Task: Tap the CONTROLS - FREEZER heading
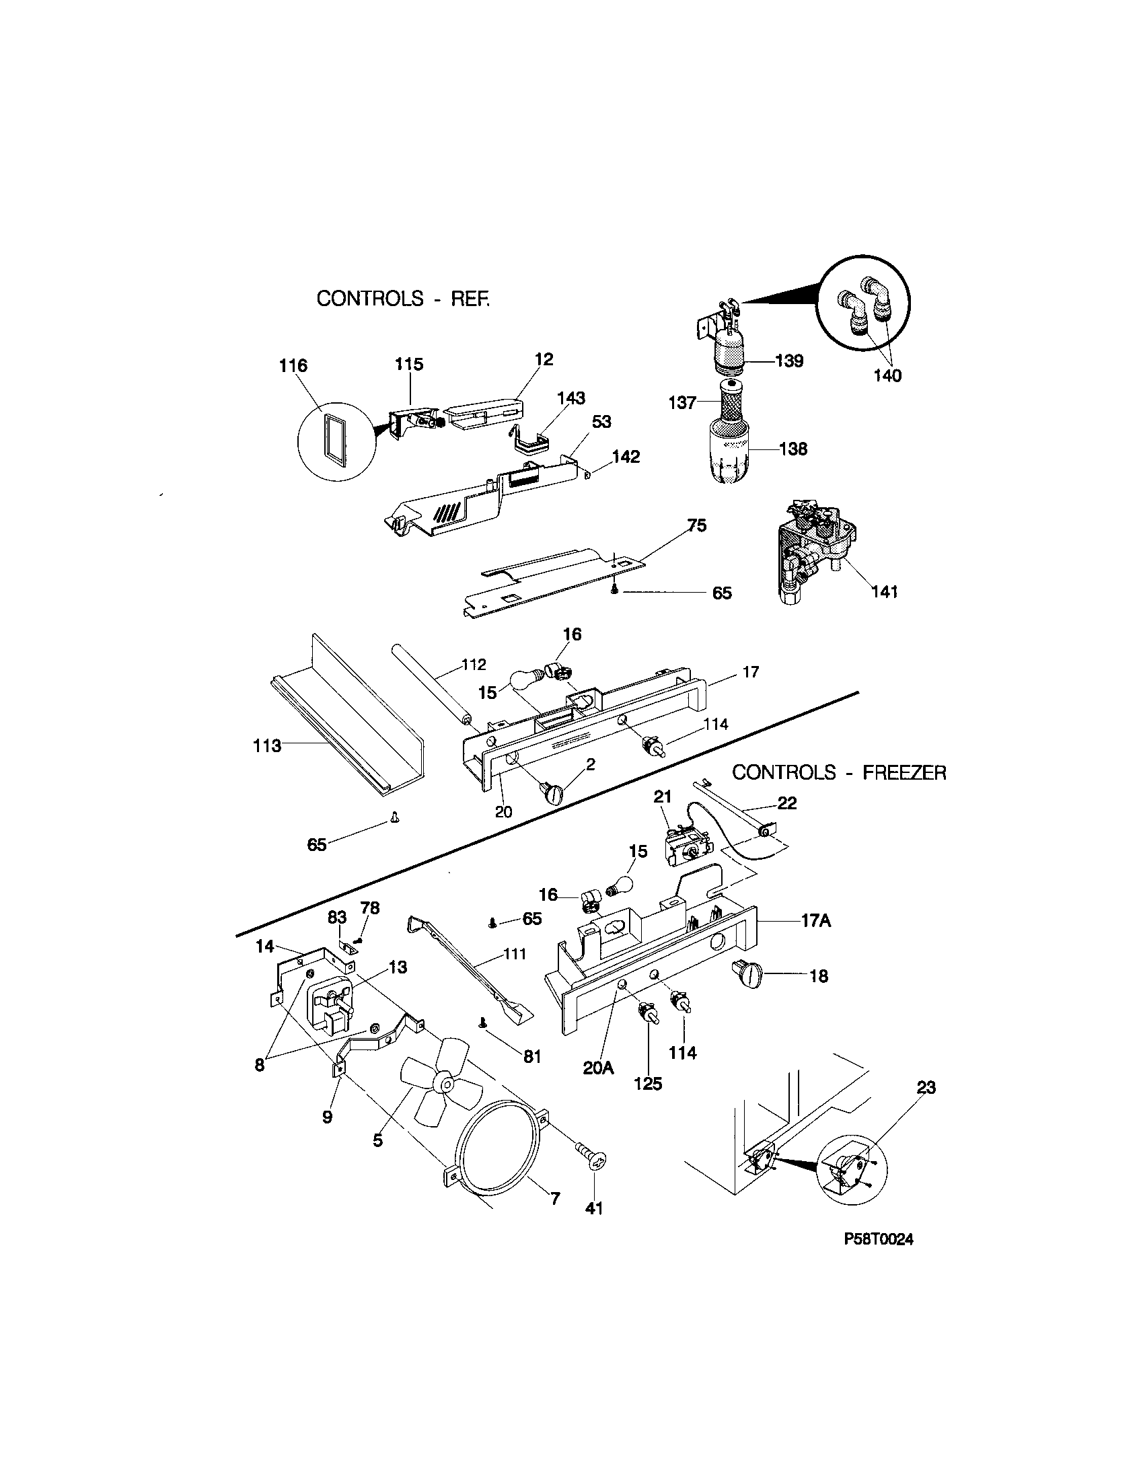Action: tap(839, 772)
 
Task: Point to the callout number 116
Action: tap(293, 366)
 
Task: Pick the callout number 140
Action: tap(887, 376)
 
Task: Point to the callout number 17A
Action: tap(816, 922)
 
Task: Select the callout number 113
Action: tap(267, 746)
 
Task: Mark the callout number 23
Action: tap(926, 1087)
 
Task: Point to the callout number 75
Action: tap(696, 525)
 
